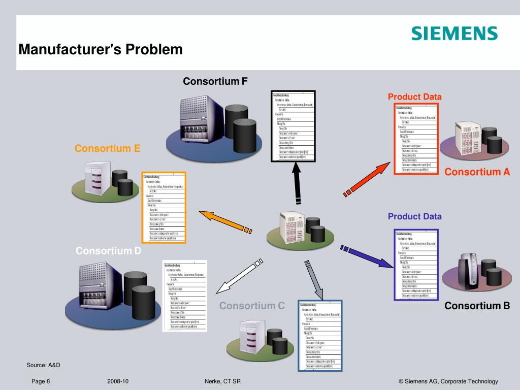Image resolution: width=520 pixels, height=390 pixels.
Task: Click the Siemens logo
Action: point(454,34)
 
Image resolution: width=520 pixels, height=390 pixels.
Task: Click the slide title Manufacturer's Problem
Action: point(101,50)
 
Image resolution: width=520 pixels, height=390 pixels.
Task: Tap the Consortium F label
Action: point(215,81)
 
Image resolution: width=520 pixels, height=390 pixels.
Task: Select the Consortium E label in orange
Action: point(107,148)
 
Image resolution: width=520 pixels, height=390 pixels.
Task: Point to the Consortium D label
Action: point(108,250)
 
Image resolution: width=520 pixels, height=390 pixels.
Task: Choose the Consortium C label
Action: point(252,306)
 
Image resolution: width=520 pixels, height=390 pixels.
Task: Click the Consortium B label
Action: point(477,306)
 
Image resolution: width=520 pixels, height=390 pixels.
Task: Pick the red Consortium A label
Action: point(477,172)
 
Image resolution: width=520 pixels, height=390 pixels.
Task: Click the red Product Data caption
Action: point(414,96)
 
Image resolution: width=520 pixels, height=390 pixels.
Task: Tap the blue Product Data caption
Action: point(414,216)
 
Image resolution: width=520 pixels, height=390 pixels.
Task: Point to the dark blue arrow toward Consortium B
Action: point(367,256)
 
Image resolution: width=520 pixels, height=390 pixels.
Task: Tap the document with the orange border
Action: point(164,207)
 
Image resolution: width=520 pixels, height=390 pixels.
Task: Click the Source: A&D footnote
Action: point(43,365)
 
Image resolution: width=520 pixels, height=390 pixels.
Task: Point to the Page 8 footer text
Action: point(41,381)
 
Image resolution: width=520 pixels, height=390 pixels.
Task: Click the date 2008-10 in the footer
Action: point(118,381)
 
